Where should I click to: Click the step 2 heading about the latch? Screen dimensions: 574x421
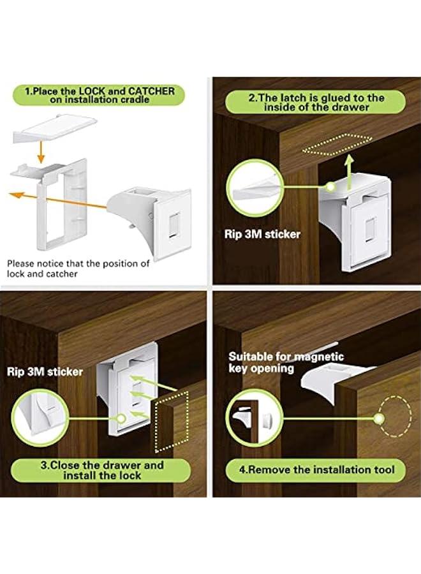[x=316, y=103]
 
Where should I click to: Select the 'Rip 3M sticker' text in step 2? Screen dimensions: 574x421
[x=262, y=234]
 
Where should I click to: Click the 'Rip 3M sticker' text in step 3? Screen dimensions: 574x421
[x=45, y=371]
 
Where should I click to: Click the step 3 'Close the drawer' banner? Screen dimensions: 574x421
[x=101, y=471]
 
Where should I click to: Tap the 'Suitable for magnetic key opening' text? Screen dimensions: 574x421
[x=286, y=362]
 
